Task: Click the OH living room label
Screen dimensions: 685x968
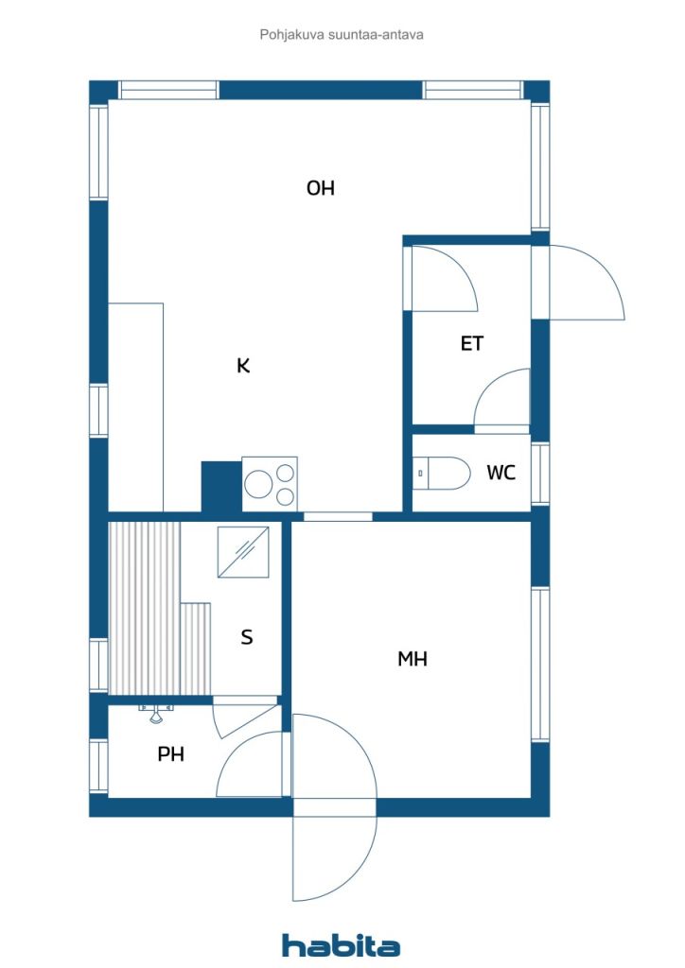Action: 320,188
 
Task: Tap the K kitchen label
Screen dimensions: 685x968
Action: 243,366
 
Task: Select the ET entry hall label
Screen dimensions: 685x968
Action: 472,343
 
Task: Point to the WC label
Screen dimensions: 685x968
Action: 501,473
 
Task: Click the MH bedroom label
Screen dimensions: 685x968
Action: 413,659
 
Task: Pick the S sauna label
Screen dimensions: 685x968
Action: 246,636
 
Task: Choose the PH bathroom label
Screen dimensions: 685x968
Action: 171,753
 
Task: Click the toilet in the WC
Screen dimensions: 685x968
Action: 441,474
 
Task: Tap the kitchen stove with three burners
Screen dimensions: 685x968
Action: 270,484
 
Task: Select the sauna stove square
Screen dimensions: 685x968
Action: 243,552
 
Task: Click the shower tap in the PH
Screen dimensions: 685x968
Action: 156,713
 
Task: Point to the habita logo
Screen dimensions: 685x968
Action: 341,944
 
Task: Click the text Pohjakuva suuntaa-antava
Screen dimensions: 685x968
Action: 342,35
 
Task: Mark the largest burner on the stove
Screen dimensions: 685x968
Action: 258,484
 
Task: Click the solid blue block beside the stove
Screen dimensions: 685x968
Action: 221,487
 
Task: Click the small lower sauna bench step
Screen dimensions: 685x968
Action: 195,648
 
